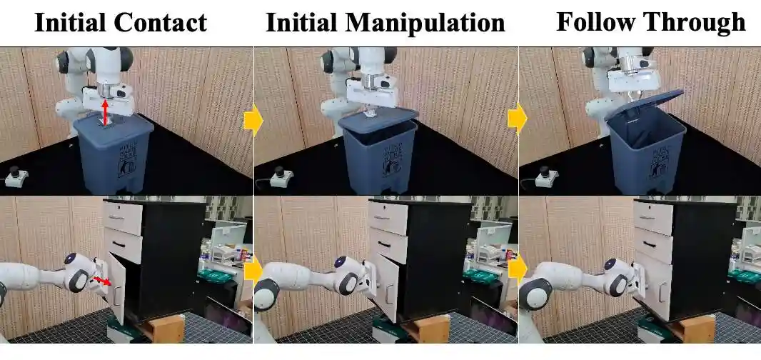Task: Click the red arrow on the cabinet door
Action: click(x=102, y=281)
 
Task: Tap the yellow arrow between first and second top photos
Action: click(x=253, y=121)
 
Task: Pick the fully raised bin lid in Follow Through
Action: click(x=645, y=104)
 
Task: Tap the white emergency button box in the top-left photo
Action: click(x=16, y=177)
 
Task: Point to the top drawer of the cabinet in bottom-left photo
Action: click(x=124, y=218)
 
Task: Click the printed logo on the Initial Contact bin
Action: click(x=127, y=159)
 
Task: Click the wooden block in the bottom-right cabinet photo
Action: click(x=694, y=328)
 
